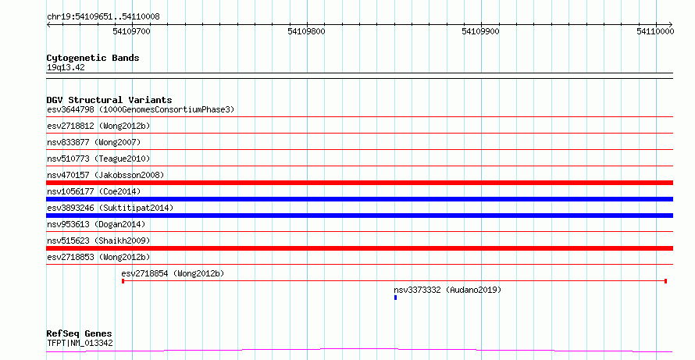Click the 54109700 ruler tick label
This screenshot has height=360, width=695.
132,31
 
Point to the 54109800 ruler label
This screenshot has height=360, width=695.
306,31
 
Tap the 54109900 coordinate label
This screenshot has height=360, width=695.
480,31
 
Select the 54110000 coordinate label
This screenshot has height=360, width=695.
655,31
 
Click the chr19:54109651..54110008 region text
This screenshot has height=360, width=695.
103,17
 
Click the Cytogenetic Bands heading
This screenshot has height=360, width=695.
93,58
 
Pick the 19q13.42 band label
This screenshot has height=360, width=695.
66,68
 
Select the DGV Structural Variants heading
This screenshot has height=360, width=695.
109,100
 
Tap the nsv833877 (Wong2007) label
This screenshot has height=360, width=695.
94,142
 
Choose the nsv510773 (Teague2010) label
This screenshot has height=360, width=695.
98,159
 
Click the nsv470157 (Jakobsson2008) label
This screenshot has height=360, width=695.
105,175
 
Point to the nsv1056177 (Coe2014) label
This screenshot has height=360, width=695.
94,191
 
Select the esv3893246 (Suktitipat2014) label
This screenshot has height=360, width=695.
110,208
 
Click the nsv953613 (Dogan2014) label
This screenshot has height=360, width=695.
96,224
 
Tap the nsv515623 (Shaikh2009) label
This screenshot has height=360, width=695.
98,241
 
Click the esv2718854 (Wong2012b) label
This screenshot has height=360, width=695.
173,273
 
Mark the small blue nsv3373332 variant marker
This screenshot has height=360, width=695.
395,298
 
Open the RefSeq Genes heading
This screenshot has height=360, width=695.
80,334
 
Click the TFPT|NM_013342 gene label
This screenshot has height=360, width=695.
80,344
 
